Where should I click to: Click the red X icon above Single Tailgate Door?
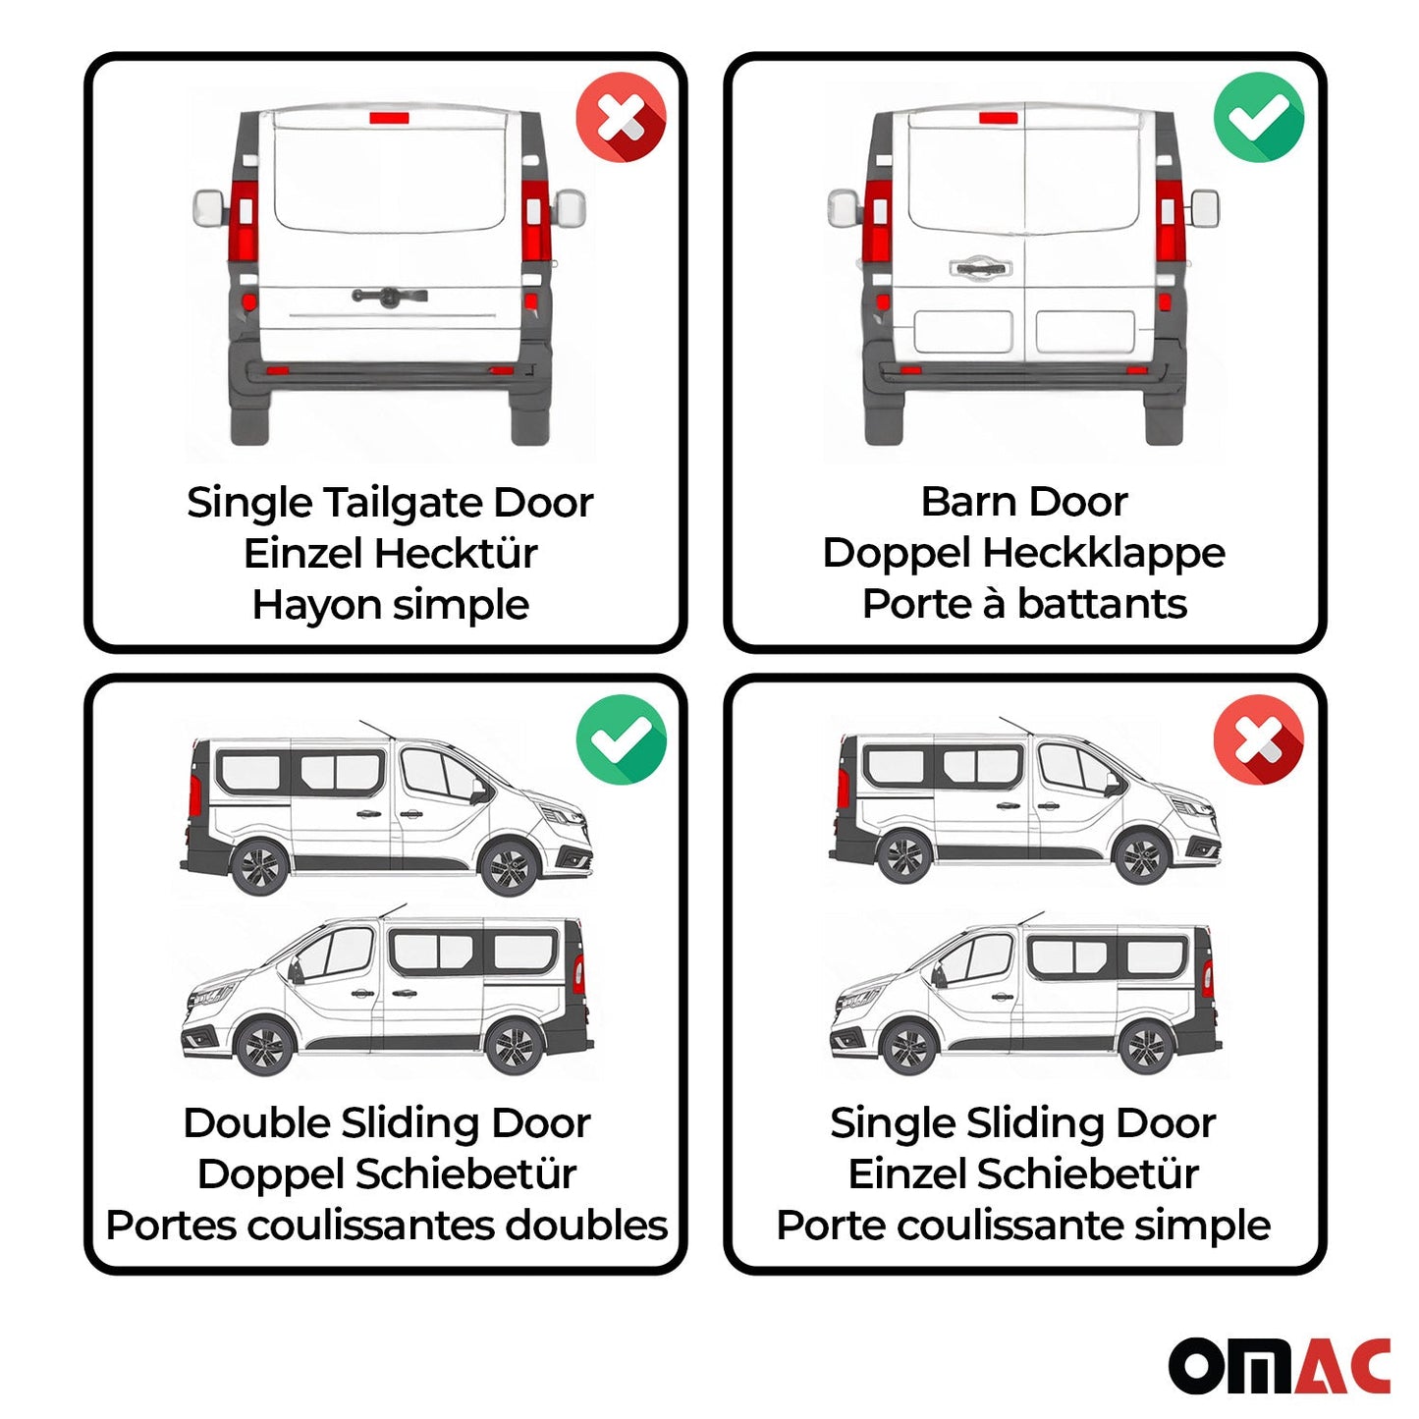pyautogui.click(x=621, y=118)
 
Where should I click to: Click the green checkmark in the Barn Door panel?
pyautogui.click(x=1258, y=118)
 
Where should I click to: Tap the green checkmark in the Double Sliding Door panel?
pyautogui.click(x=621, y=739)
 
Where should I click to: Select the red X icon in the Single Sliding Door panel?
pyautogui.click(x=1258, y=739)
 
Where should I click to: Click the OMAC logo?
pyautogui.click(x=1279, y=1365)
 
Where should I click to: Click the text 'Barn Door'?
pyautogui.click(x=1023, y=502)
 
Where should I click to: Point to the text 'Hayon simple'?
pyautogui.click(x=390, y=605)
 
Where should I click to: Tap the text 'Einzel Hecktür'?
pyautogui.click(x=390, y=554)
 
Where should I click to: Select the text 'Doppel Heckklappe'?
pyautogui.click(x=1023, y=553)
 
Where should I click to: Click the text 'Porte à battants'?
pyautogui.click(x=1023, y=604)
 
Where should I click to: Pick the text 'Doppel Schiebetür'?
pyautogui.click(x=386, y=1174)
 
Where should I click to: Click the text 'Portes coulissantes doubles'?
pyautogui.click(x=386, y=1226)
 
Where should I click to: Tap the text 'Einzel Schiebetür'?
pyautogui.click(x=1023, y=1174)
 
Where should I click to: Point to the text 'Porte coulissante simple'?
pyautogui.click(x=1023, y=1226)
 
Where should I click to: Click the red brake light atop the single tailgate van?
pyautogui.click(x=390, y=119)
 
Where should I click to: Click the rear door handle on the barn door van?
pyautogui.click(x=979, y=267)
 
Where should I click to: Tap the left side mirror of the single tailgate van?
pyautogui.click(x=209, y=208)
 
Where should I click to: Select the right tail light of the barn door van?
pyautogui.click(x=1169, y=221)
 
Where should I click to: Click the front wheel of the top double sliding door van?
pyautogui.click(x=508, y=867)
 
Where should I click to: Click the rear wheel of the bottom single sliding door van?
pyautogui.click(x=1145, y=1048)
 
